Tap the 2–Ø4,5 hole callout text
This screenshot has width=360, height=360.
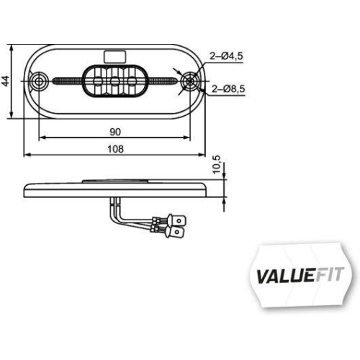(x=228, y=55)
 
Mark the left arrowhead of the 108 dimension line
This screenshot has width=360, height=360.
(x=27, y=155)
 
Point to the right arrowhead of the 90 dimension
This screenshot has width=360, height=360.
(x=189, y=137)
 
